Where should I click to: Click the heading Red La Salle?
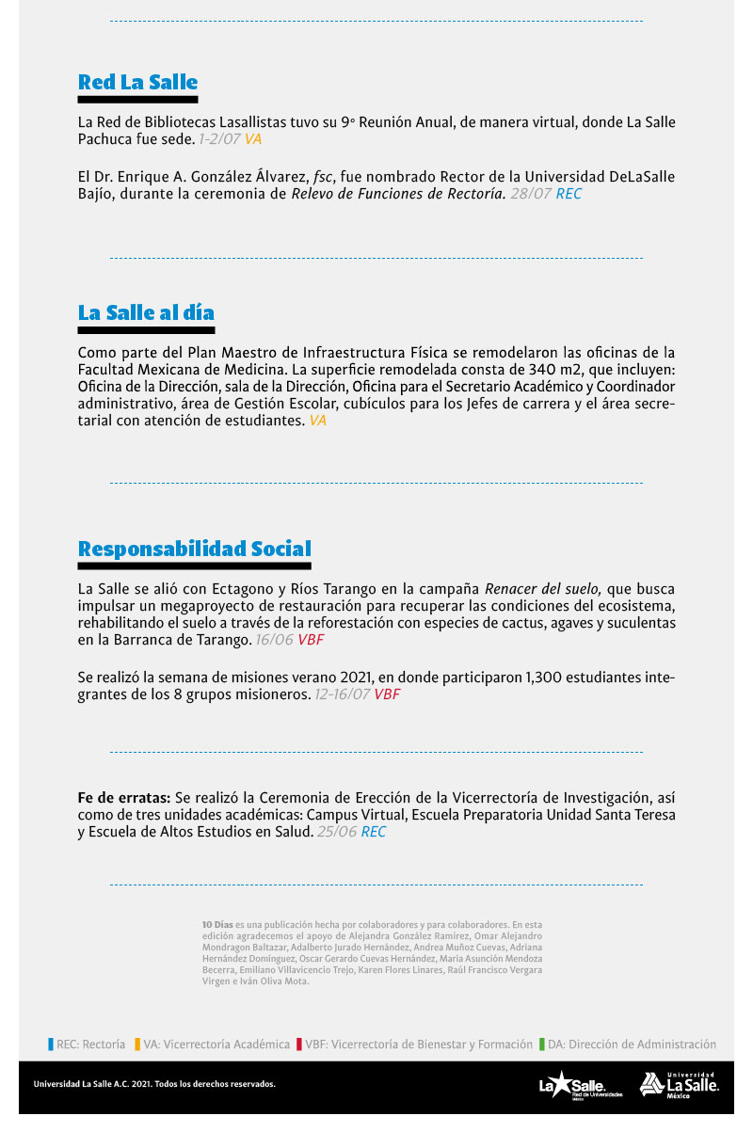coord(137,82)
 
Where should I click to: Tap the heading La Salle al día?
coord(146,312)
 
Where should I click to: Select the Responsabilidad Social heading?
coord(194,549)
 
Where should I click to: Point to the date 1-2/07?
coord(219,138)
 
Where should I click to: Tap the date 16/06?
coord(275,640)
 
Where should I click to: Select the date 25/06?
coord(337,832)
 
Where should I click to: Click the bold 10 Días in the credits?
coord(217,925)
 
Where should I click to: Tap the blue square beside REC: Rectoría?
coord(51,1044)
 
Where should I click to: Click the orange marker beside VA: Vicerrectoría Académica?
coord(137,1044)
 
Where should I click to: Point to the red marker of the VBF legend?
coord(298,1044)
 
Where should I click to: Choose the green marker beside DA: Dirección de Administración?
coord(541,1044)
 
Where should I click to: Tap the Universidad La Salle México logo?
coord(679,1084)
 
